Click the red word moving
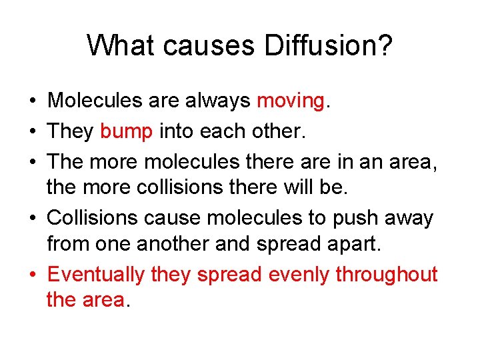click(290, 101)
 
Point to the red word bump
click(126, 131)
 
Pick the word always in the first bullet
click(218, 101)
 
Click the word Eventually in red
click(96, 274)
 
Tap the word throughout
click(387, 274)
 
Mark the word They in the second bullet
click(71, 131)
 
